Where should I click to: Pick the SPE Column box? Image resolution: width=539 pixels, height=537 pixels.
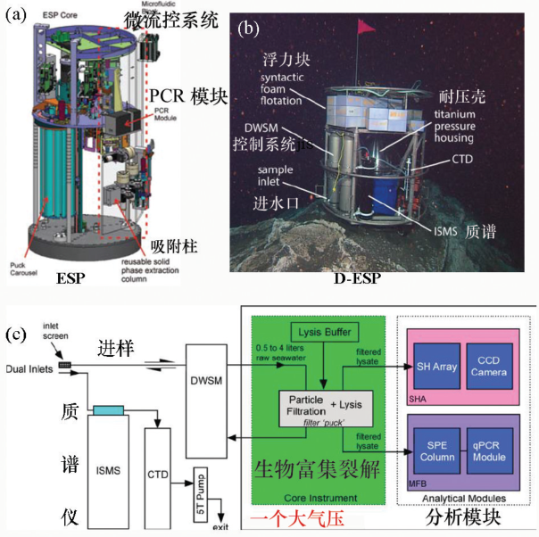pyautogui.click(x=435, y=450)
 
